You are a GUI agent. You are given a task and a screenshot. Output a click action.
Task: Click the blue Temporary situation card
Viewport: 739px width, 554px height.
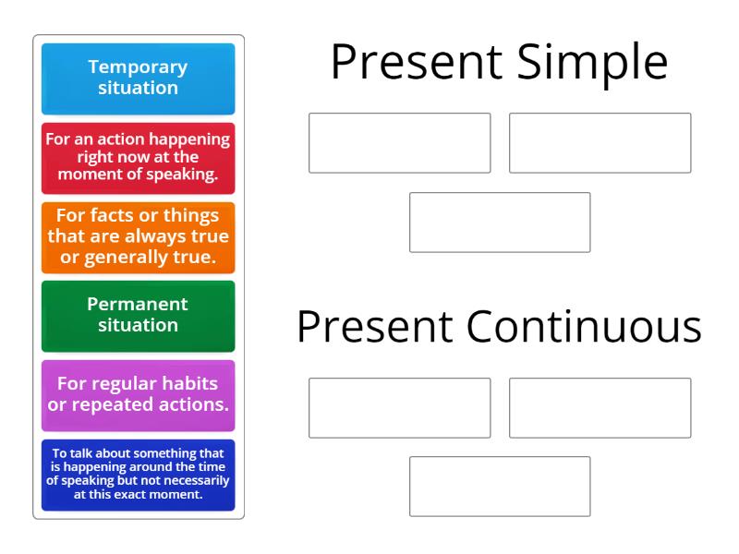139,78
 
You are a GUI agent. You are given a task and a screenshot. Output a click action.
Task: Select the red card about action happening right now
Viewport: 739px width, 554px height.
139,158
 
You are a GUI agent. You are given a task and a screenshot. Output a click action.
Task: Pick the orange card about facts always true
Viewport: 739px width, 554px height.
139,237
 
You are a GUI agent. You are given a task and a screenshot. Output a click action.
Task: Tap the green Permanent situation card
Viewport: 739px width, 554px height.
139,316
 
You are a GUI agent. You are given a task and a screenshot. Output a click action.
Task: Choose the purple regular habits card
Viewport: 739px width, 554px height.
139,395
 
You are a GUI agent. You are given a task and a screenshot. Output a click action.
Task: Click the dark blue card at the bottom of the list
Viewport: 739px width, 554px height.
139,475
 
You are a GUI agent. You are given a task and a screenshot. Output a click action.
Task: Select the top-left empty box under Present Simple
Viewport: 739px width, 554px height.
399,143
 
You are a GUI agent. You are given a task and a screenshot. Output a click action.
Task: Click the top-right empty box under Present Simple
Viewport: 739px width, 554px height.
600,143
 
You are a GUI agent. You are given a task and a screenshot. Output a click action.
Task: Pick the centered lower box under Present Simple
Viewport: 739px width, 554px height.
500,223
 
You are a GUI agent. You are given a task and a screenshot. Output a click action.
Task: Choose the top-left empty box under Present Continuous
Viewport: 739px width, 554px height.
399,407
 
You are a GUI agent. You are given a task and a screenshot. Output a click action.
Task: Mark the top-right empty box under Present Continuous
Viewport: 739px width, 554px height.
600,407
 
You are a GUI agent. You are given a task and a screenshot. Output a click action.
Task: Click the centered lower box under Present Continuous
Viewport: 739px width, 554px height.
500,487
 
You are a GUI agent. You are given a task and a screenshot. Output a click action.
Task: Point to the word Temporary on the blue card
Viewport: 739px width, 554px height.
138,67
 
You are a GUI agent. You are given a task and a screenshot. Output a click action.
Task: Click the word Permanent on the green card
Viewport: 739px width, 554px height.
138,304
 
